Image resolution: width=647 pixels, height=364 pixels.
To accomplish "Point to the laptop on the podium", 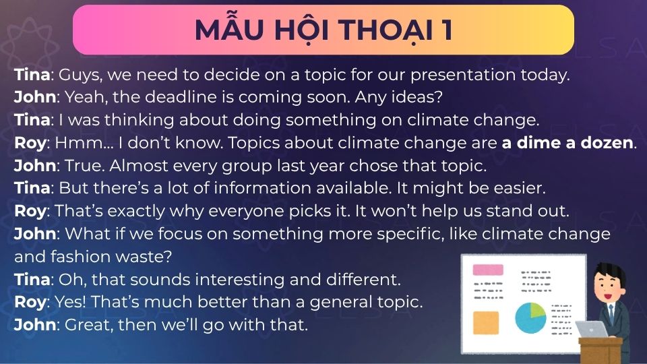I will click(x=591, y=329).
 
